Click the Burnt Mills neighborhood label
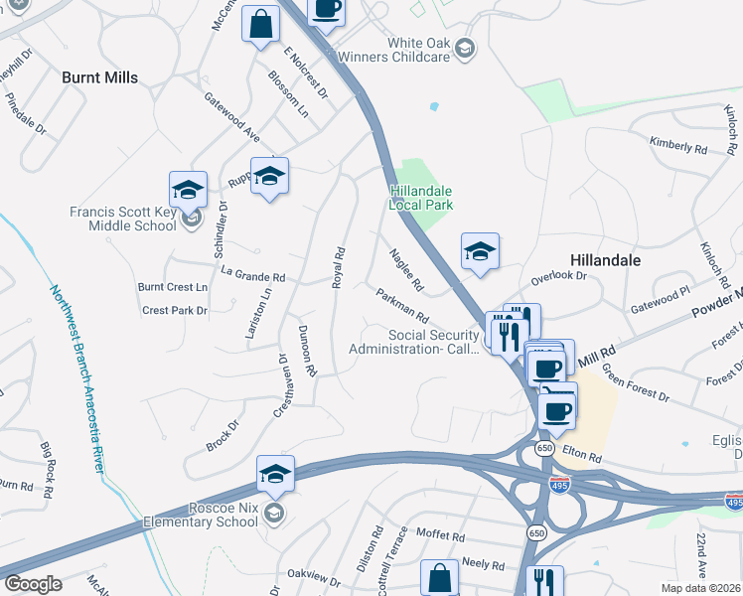pyautogui.click(x=99, y=76)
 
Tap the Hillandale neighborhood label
pyautogui.click(x=605, y=259)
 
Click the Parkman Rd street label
pyautogui.click(x=401, y=306)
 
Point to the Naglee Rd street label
pyautogui.click(x=406, y=270)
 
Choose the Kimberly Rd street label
pyautogui.click(x=678, y=146)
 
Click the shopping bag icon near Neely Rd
pyautogui.click(x=438, y=578)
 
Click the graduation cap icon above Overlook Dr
pyautogui.click(x=480, y=251)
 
